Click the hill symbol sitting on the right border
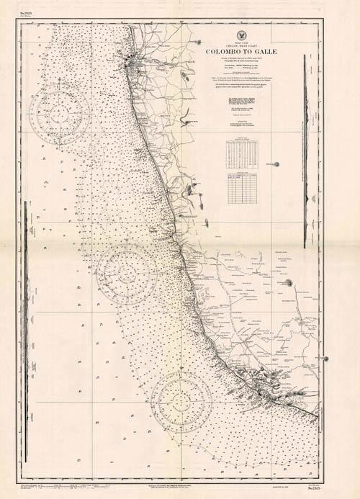pos(325,359)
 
